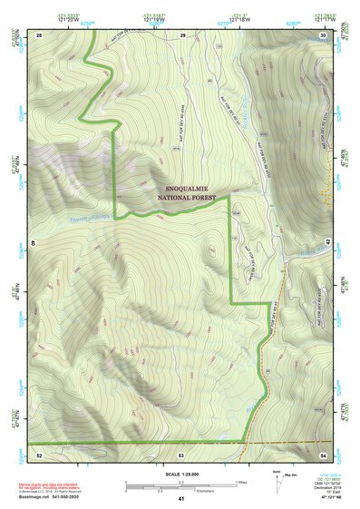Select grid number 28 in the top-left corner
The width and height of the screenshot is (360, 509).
pos(39,34)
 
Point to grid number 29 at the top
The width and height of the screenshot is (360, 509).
pos(182,34)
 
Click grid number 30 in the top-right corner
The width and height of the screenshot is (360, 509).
pos(323,34)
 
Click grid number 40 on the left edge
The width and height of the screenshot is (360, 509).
pos(34,243)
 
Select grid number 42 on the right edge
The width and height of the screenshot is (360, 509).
pos(329,243)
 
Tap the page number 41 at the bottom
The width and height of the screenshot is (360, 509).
pos(181,499)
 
